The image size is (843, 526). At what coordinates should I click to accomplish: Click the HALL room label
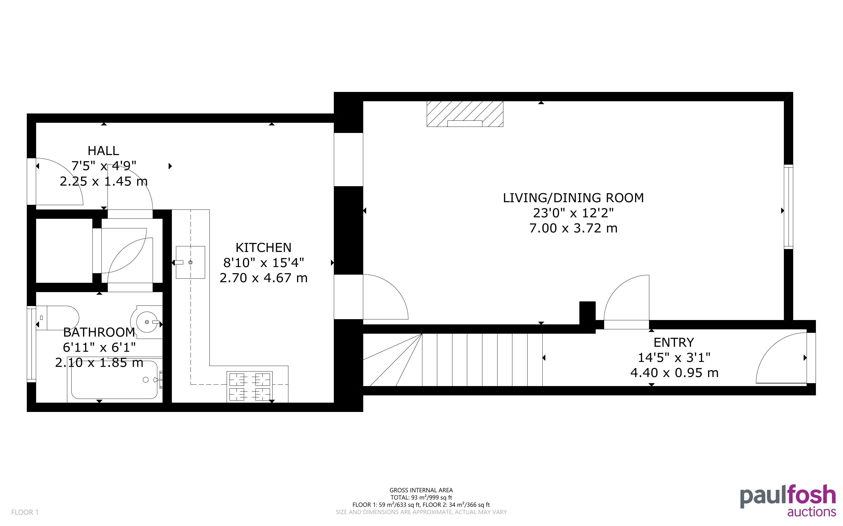click(103, 151)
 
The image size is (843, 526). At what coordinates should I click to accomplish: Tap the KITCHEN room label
click(264, 248)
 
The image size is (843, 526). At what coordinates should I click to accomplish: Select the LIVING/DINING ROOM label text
click(573, 198)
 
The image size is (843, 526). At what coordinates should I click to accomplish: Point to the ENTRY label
click(674, 343)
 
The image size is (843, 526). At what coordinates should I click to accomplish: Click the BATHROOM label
click(99, 333)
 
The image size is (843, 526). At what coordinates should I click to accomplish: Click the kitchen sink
click(190, 262)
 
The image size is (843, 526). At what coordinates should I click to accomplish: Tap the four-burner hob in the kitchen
click(249, 387)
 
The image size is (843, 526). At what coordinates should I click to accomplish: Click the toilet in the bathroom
click(58, 318)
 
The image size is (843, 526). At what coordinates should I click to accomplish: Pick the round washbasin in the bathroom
click(147, 322)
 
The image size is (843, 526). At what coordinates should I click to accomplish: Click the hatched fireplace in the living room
click(465, 114)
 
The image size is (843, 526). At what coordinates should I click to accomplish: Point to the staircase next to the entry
click(453, 360)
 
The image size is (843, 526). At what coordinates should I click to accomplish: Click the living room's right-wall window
click(788, 207)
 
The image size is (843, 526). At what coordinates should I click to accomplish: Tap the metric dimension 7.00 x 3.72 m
click(573, 228)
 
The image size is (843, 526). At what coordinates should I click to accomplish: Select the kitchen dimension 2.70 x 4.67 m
click(264, 278)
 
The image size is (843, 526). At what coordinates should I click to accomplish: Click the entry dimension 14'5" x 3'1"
click(674, 358)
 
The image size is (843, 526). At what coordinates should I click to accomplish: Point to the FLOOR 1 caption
click(25, 512)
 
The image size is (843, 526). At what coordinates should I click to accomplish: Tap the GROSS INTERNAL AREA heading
click(421, 490)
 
